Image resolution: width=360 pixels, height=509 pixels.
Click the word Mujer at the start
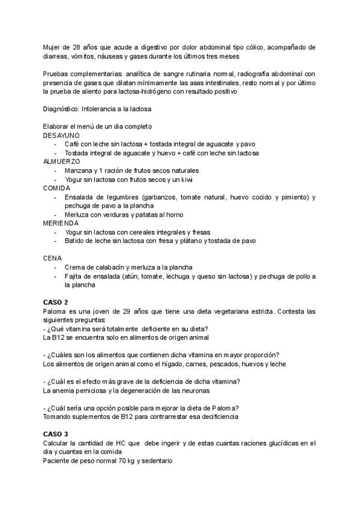click(52, 47)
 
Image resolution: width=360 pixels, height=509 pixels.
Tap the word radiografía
click(217, 74)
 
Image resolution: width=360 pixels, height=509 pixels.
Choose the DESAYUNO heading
click(61, 136)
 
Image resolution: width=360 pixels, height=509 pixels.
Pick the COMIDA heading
click(57, 188)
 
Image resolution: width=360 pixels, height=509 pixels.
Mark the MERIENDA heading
click(60, 223)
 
